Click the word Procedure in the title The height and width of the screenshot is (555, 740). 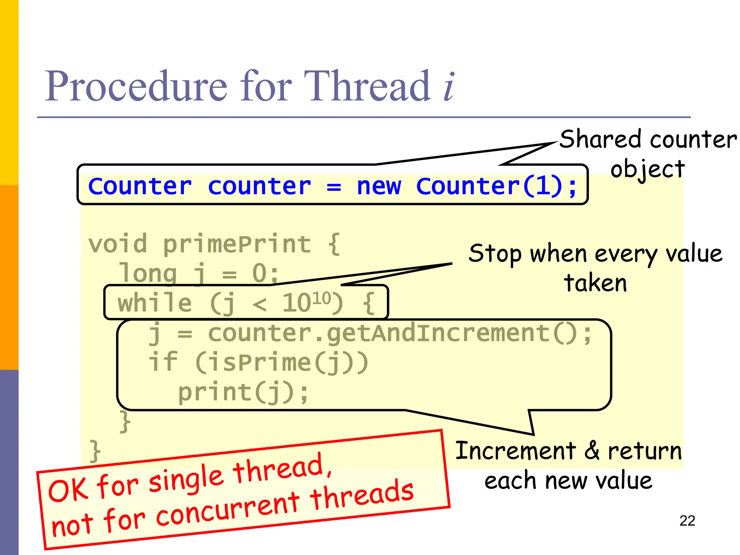(x=136, y=87)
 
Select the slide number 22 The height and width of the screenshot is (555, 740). (x=687, y=521)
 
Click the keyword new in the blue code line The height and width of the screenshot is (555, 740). (x=379, y=186)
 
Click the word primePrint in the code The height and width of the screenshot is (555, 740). (x=237, y=245)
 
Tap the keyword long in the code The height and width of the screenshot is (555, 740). (x=148, y=274)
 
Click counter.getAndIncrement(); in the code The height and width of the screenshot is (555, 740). (x=400, y=333)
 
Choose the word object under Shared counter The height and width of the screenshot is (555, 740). (x=647, y=169)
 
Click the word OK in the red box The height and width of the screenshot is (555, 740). (x=68, y=490)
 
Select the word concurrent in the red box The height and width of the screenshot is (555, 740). (x=228, y=510)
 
